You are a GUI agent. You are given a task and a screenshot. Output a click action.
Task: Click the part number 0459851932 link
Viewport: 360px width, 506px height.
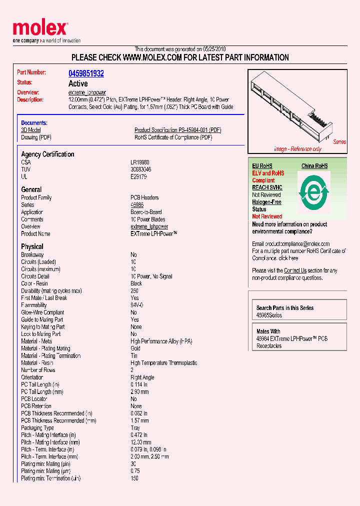(86, 73)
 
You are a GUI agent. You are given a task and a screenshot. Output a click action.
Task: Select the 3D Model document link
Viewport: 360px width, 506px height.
(30, 130)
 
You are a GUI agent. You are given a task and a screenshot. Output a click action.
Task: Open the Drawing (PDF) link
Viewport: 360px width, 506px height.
(36, 137)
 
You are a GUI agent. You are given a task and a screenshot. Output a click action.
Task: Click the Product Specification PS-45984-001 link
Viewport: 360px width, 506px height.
(177, 130)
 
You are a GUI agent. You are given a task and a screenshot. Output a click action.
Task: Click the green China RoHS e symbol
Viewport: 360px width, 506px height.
(314, 191)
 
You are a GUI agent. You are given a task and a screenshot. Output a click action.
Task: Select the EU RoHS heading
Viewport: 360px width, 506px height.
(262, 166)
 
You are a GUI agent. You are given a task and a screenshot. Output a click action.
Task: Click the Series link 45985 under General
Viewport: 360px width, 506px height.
(137, 205)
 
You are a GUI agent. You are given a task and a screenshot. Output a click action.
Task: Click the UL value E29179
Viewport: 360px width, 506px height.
(138, 176)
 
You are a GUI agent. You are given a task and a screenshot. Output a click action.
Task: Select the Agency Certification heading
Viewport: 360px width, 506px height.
(47, 154)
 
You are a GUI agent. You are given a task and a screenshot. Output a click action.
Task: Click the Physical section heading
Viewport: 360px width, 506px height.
(32, 246)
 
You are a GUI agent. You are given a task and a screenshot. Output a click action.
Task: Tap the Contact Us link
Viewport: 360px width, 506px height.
(295, 270)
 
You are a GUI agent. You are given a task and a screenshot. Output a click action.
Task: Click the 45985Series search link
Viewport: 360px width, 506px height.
(269, 315)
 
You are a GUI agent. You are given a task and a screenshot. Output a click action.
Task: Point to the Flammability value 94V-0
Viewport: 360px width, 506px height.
(137, 305)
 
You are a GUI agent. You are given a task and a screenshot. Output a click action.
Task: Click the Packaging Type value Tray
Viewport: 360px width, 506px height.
(135, 428)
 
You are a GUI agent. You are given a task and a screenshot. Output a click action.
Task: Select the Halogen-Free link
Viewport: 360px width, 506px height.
(266, 202)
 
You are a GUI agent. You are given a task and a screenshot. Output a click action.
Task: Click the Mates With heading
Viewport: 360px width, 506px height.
(268, 331)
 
